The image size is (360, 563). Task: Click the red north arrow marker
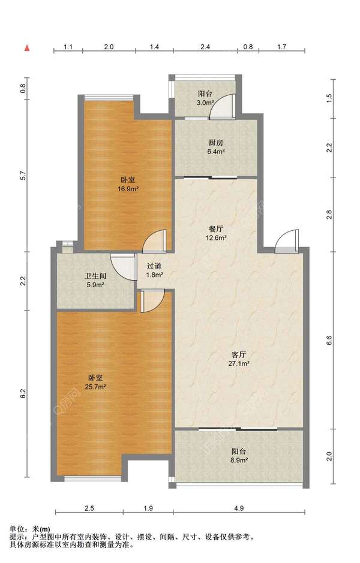pyautogui.click(x=27, y=48)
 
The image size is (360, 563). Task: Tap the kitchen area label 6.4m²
pyautogui.click(x=216, y=152)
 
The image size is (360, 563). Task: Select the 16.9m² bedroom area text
pyautogui.click(x=128, y=189)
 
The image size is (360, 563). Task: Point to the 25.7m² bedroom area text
pyautogui.click(x=95, y=387)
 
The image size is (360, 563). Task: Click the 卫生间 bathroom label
pyautogui.click(x=95, y=276)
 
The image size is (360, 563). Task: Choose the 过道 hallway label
pyautogui.click(x=154, y=266)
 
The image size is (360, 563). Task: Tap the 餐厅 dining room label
pyautogui.click(x=216, y=228)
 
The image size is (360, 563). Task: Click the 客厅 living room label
pyautogui.click(x=239, y=355)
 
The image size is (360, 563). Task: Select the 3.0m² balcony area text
pyautogui.click(x=205, y=103)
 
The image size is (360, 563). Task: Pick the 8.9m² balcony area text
pyautogui.click(x=239, y=460)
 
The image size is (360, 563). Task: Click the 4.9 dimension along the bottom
pyautogui.click(x=239, y=508)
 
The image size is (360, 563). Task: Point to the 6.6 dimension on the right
pyautogui.click(x=329, y=341)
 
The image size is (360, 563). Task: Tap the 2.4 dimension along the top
pyautogui.click(x=205, y=47)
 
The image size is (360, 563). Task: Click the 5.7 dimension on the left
pyautogui.click(x=23, y=175)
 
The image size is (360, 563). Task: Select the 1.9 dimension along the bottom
pyautogui.click(x=148, y=508)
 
